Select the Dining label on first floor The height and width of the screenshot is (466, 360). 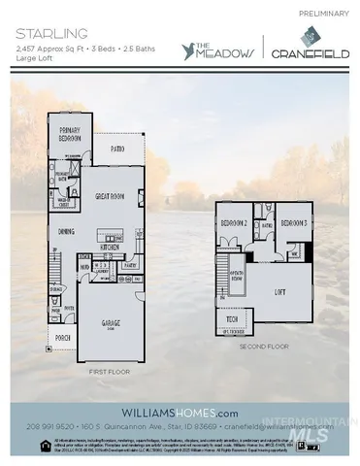pos(68,231)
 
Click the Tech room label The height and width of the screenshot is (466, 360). pos(233,319)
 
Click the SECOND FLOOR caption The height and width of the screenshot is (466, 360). pos(264,344)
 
